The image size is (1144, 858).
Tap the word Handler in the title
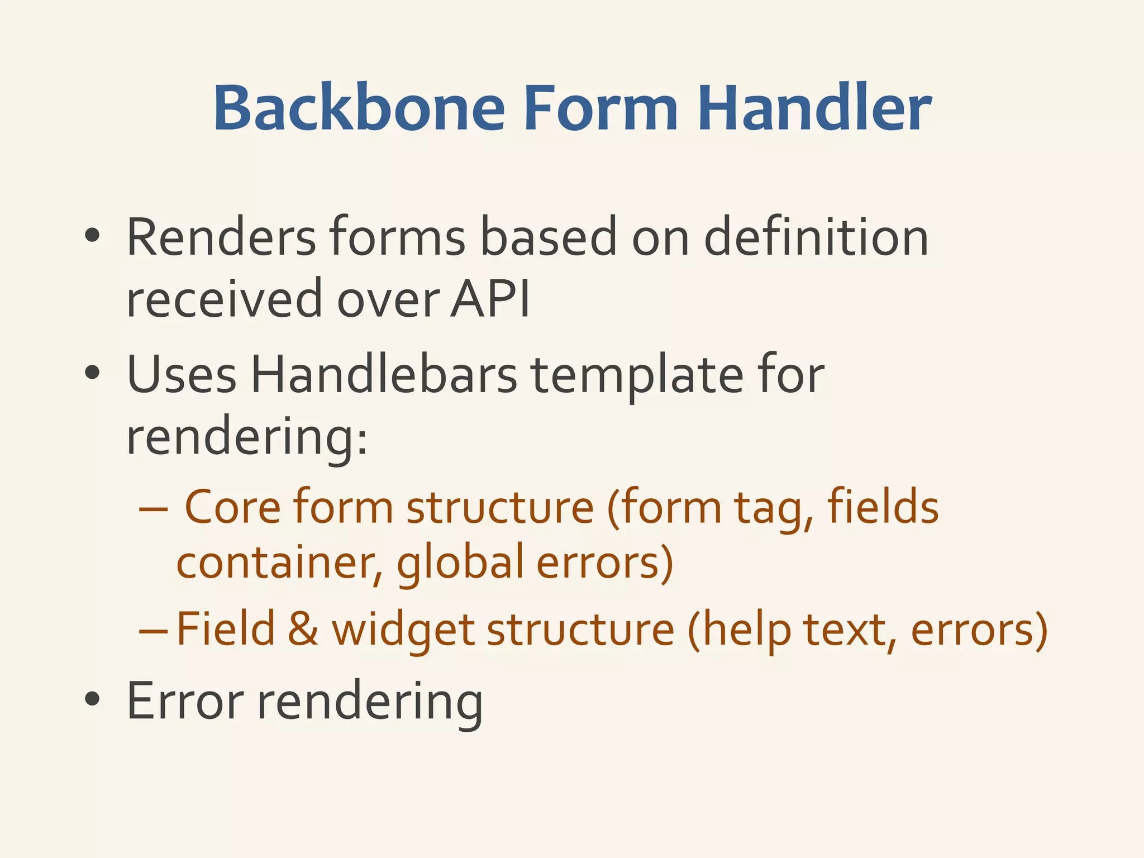click(814, 109)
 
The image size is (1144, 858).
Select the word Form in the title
click(600, 109)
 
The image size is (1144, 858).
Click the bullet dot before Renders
click(92, 236)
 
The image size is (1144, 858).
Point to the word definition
click(816, 237)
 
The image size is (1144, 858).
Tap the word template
click(637, 375)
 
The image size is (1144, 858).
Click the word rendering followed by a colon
click(246, 438)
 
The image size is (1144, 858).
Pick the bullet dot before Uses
click(92, 373)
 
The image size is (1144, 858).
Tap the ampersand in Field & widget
click(303, 629)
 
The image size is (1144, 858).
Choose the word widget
click(403, 630)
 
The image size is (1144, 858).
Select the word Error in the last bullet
click(185, 700)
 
